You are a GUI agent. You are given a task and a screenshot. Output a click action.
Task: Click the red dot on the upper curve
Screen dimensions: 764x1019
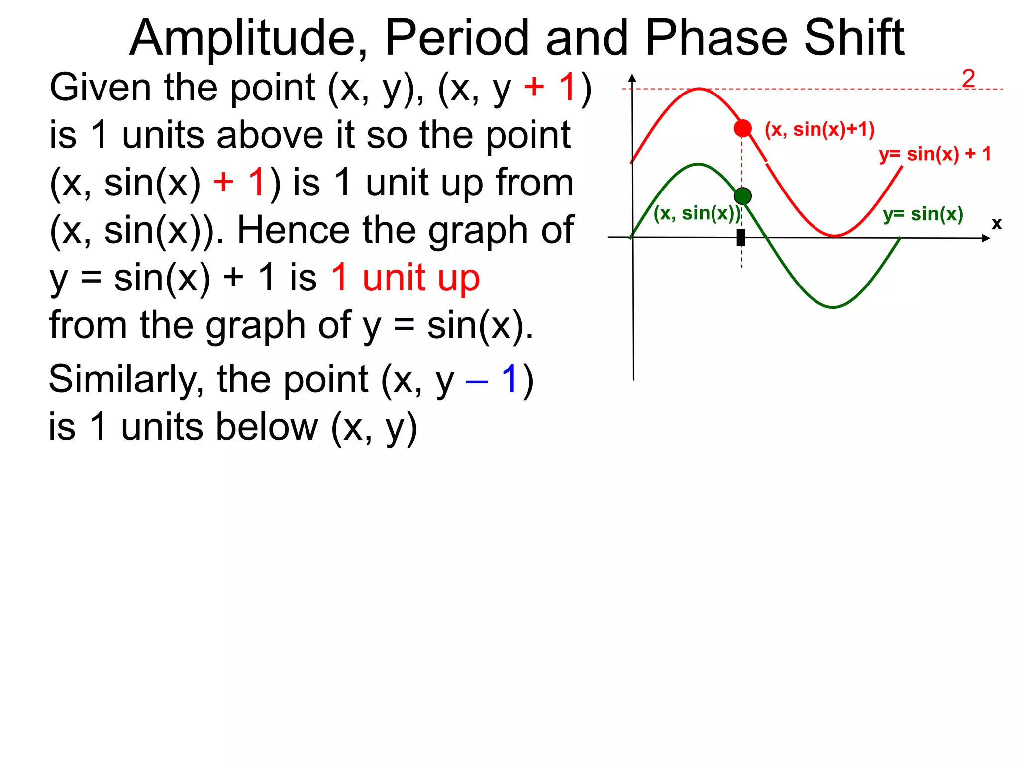click(x=742, y=128)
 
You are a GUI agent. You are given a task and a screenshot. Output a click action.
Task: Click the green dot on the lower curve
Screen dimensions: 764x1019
click(x=742, y=196)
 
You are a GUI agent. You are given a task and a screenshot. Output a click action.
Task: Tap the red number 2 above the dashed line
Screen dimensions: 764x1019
click(x=968, y=78)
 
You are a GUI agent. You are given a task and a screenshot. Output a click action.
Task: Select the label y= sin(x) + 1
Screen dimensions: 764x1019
click(x=935, y=154)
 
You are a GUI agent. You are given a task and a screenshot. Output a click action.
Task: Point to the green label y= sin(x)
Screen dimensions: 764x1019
click(x=923, y=214)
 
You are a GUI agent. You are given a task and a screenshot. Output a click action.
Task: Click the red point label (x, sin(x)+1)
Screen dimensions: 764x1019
click(x=819, y=129)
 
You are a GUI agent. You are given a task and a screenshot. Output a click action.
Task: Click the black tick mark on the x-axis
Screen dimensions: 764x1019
click(x=741, y=237)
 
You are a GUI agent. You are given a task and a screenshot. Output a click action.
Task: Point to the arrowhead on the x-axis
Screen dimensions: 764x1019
click(x=986, y=238)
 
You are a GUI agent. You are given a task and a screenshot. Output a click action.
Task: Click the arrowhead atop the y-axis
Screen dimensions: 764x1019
click(x=632, y=78)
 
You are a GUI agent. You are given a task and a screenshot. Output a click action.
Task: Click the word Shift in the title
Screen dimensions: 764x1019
click(x=854, y=38)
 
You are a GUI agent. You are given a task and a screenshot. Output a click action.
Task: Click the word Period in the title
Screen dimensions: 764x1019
click(x=457, y=38)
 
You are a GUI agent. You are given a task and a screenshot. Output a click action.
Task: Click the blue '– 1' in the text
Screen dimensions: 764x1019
click(x=493, y=380)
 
